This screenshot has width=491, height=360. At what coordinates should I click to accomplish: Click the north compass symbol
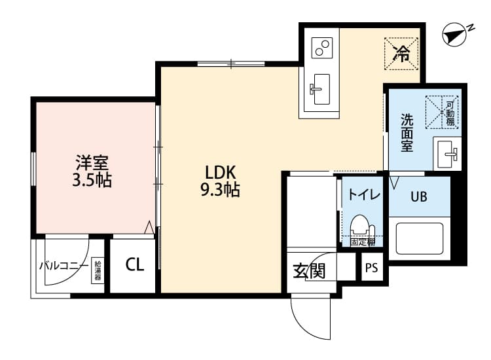click(456, 35)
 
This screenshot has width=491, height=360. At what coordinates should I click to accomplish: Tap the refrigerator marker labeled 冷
click(401, 53)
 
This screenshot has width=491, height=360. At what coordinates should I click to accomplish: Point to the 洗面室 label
click(407, 133)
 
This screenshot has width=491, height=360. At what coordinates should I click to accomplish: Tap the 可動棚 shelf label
click(450, 112)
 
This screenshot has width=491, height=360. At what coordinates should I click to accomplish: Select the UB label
click(418, 196)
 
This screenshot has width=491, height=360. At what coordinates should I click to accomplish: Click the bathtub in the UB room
click(419, 239)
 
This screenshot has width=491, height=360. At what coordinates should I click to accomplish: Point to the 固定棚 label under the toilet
click(361, 242)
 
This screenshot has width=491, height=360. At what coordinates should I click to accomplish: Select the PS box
click(372, 268)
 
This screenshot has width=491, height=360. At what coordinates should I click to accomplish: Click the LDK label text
click(220, 173)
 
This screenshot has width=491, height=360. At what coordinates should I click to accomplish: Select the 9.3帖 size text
click(220, 190)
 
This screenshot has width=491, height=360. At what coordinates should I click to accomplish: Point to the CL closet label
click(135, 264)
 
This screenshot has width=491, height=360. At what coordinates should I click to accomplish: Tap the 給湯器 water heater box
click(98, 270)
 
